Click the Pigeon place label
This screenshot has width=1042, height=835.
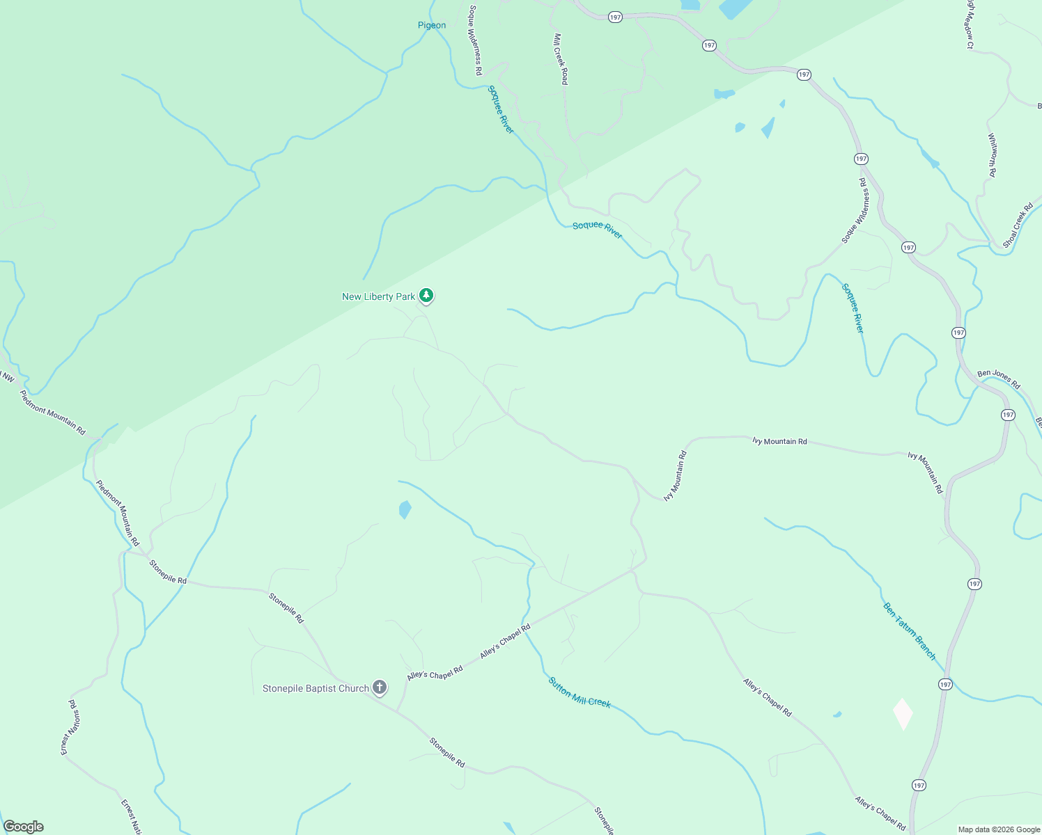432,26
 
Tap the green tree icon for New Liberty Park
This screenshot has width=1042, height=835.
426,296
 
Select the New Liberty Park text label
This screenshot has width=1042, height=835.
378,296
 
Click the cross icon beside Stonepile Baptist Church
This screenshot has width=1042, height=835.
379,687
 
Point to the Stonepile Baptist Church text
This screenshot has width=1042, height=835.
316,688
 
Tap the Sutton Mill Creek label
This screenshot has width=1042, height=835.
580,693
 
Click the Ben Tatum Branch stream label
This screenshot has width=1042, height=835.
910,631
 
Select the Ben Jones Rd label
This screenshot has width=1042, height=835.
998,379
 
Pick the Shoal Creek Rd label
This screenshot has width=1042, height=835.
1018,225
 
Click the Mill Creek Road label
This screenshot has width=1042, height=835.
560,59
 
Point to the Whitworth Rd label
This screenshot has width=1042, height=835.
992,154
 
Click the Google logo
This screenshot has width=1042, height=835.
24,827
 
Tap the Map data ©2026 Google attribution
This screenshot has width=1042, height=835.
999,829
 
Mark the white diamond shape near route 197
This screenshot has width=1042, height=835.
903,714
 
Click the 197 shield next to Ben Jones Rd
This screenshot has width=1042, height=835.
1008,415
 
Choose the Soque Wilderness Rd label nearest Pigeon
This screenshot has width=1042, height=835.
475,40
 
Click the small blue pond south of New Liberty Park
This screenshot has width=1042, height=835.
405,509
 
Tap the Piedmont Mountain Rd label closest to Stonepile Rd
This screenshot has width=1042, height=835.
118,513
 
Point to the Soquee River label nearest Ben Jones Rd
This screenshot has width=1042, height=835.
853,308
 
